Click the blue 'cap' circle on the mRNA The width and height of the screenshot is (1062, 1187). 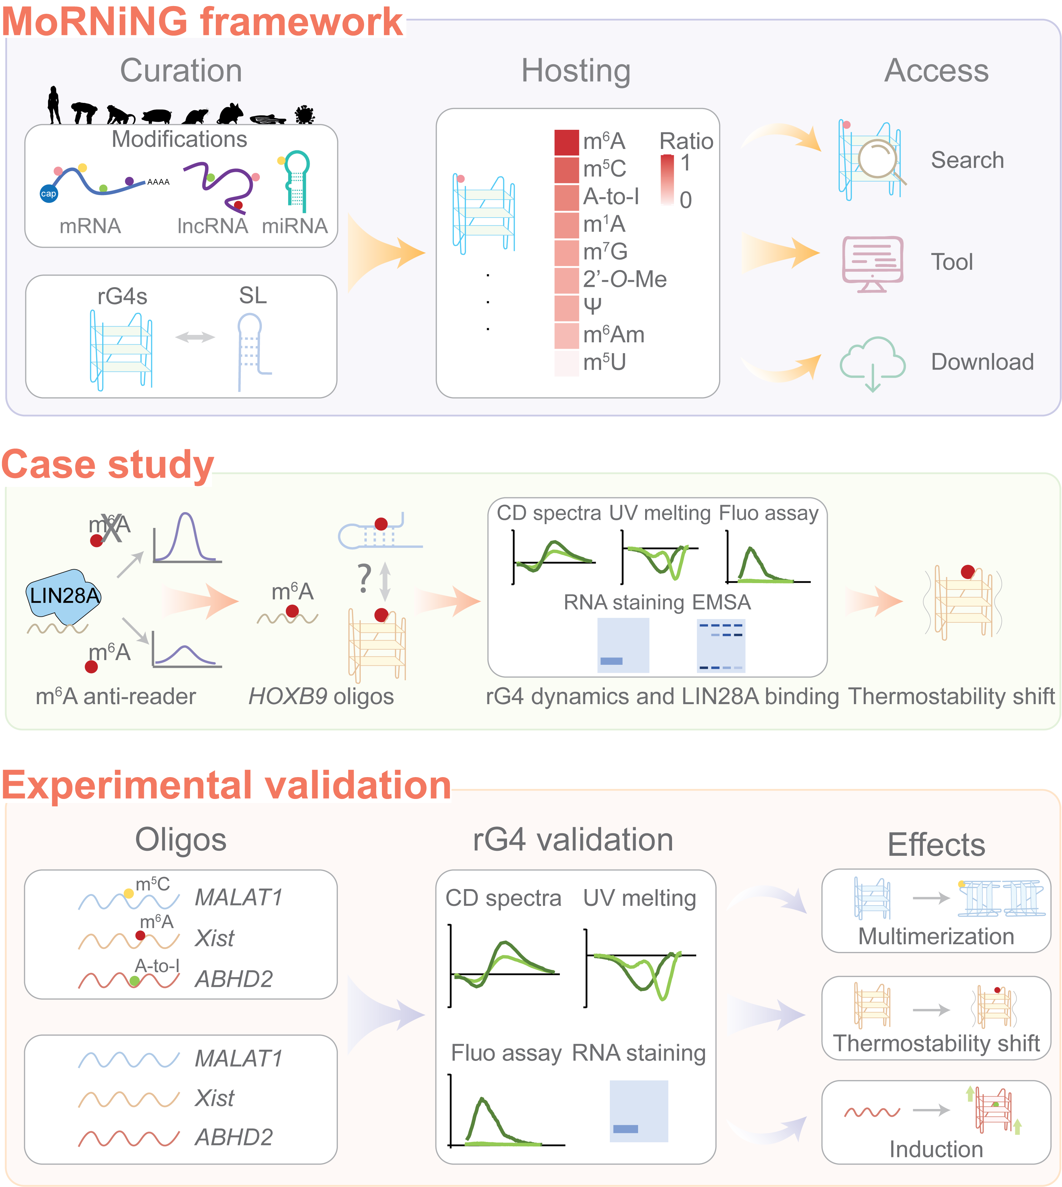(48, 194)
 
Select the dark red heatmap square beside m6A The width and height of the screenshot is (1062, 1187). (566, 142)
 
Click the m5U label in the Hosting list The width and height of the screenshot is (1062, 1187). (604, 362)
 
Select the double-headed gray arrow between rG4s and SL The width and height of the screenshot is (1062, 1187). (195, 337)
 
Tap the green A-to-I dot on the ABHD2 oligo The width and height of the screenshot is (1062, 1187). (135, 981)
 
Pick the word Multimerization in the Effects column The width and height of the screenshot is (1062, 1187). (936, 936)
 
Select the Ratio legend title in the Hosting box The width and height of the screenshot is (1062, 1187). (686, 141)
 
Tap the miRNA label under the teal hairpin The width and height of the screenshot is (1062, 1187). (295, 226)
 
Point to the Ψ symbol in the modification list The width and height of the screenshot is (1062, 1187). (592, 306)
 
